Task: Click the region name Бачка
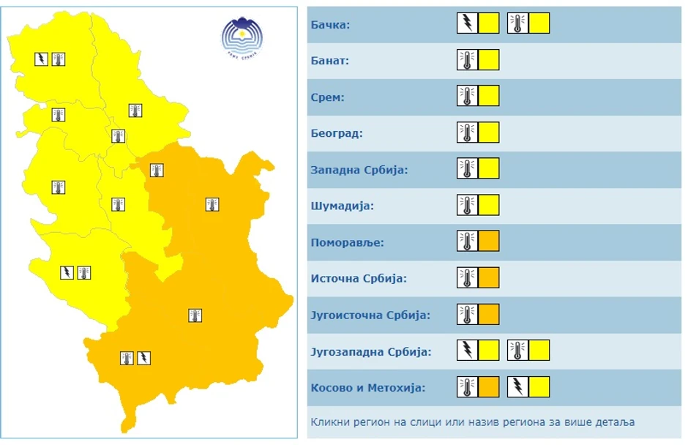[x=330, y=25]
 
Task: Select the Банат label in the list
[x=329, y=61]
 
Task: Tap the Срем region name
[x=327, y=97]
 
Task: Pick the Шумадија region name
[x=342, y=206]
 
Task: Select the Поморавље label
[x=347, y=242]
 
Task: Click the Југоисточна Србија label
[x=370, y=315]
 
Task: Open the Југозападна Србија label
[x=371, y=351]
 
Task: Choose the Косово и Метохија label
[x=367, y=387]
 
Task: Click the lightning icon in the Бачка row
[x=467, y=23]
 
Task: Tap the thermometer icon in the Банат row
[x=467, y=60]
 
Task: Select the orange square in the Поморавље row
[x=489, y=242]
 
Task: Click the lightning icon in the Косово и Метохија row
[x=517, y=386]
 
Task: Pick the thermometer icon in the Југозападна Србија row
[x=517, y=351]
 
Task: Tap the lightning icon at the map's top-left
[x=42, y=59]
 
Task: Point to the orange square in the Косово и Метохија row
[x=489, y=386]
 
